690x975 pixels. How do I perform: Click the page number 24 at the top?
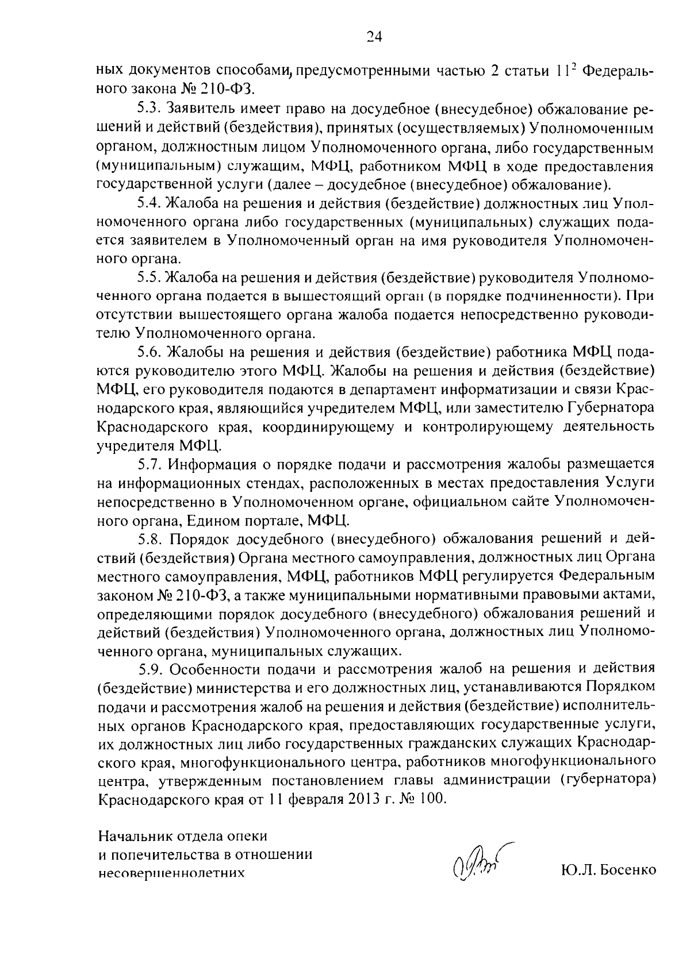tap(374, 37)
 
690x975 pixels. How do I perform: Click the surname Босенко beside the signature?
tap(627, 871)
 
